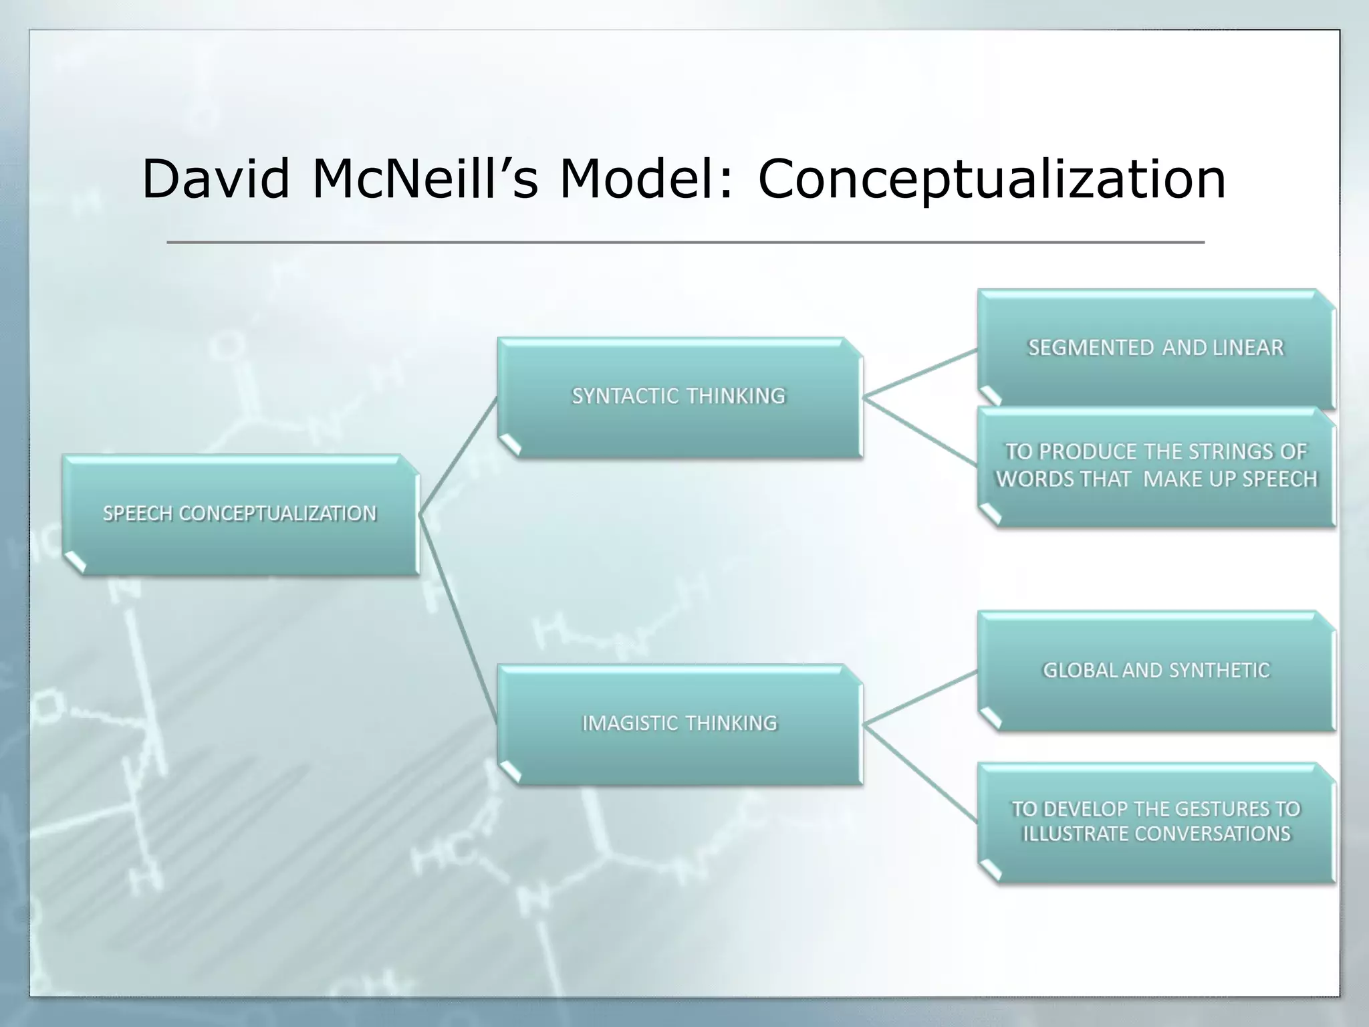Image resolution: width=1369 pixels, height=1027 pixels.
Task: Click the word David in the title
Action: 215,179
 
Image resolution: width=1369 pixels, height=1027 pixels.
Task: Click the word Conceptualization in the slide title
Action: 991,179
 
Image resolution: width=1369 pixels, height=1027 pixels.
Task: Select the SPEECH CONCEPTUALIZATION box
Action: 240,514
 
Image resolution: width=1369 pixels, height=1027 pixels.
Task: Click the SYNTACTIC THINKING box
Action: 679,397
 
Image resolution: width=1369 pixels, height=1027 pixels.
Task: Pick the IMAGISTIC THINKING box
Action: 679,723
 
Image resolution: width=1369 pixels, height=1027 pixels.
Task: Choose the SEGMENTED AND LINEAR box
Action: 1156,348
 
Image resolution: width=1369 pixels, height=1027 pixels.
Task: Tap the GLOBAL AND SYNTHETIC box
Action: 1156,671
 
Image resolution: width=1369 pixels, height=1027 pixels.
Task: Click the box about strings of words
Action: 1156,466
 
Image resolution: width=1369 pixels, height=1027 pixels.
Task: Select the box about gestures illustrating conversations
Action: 1156,822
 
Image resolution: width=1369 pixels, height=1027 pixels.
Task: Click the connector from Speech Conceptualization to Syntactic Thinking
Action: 459,455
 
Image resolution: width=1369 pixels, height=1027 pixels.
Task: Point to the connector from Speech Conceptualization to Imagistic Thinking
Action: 459,619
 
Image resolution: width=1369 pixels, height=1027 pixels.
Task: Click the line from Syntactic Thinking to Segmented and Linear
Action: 920,373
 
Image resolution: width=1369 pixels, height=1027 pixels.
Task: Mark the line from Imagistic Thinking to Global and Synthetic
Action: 920,697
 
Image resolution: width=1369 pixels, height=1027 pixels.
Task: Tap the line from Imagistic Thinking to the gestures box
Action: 920,773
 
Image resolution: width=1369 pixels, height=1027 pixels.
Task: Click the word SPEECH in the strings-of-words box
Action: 1280,479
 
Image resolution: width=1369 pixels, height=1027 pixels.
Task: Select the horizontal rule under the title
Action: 685,242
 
